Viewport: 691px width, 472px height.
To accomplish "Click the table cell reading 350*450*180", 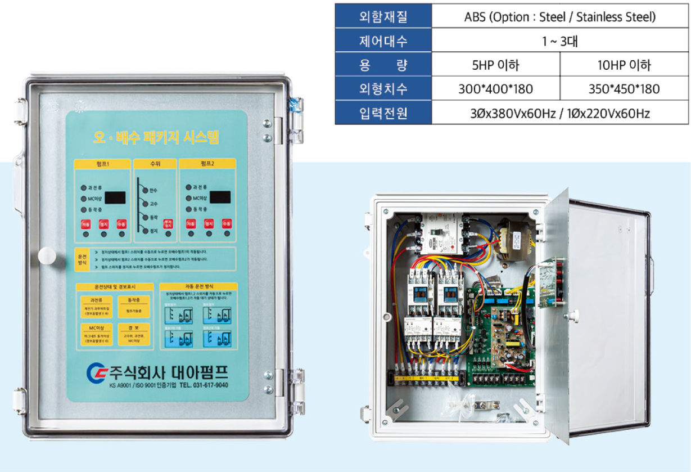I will pos(624,89).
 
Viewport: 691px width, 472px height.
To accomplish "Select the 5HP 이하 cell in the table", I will pos(495,65).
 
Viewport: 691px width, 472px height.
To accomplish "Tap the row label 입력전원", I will pos(383,113).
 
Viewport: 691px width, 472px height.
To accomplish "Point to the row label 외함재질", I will pos(383,17).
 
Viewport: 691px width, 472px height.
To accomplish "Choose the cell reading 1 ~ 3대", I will pos(559,41).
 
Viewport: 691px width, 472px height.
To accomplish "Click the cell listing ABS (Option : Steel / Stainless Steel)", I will pos(559,17).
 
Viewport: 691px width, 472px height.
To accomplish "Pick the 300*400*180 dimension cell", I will pos(495,89).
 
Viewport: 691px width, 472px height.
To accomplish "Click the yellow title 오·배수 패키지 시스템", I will pos(156,136).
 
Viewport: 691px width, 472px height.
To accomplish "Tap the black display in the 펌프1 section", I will pos(115,197).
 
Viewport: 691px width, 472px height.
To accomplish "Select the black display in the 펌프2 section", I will pos(220,197).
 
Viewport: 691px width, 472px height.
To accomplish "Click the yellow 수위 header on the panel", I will pos(156,164).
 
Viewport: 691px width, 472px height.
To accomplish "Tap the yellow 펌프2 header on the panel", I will pos(207,164).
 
